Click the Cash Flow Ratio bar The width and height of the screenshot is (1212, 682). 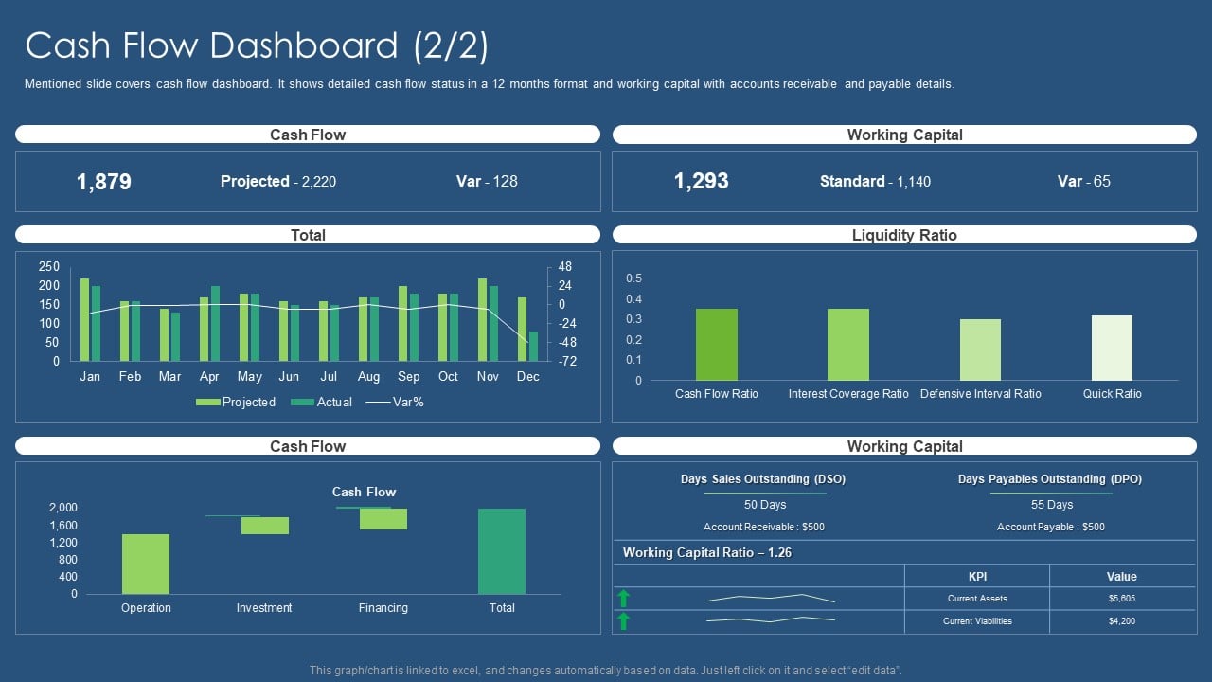click(x=716, y=345)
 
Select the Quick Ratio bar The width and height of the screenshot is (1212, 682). click(x=1112, y=348)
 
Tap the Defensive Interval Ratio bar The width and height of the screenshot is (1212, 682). click(x=980, y=350)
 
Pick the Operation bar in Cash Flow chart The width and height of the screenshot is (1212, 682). click(x=146, y=564)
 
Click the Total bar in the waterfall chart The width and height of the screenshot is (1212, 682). click(x=502, y=551)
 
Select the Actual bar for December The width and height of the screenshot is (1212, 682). click(x=533, y=346)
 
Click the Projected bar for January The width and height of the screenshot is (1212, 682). click(x=84, y=319)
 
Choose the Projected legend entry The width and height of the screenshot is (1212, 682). click(x=236, y=403)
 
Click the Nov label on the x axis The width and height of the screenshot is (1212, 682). click(x=488, y=377)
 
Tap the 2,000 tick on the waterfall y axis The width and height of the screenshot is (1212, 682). click(x=62, y=508)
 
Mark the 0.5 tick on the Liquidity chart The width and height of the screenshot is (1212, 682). click(x=633, y=278)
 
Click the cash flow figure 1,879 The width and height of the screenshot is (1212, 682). click(x=104, y=182)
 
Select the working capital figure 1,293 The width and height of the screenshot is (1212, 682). click(x=702, y=182)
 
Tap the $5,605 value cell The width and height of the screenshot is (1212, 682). click(x=1121, y=599)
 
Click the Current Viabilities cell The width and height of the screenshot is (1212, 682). click(x=977, y=621)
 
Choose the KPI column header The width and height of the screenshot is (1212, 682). click(x=977, y=576)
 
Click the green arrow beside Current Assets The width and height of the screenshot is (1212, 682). click(x=623, y=598)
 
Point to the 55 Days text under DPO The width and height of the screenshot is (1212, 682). click(x=1051, y=505)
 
